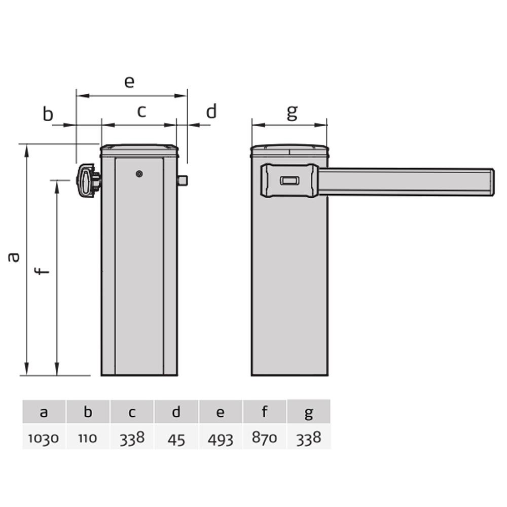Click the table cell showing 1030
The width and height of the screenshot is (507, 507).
pyautogui.click(x=44, y=437)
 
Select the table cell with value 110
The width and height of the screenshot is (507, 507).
pyautogui.click(x=88, y=437)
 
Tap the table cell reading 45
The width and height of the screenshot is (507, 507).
pyautogui.click(x=176, y=437)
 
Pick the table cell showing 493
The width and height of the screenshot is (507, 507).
pyautogui.click(x=221, y=437)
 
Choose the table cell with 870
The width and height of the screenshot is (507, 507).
pyautogui.click(x=265, y=437)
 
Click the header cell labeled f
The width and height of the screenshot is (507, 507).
pyautogui.click(x=265, y=411)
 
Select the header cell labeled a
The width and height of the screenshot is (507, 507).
pyautogui.click(x=44, y=411)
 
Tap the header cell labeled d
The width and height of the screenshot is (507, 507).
pyautogui.click(x=176, y=411)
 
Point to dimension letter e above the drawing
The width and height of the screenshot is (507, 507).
pyautogui.click(x=129, y=82)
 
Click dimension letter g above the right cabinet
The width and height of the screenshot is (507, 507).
pyautogui.click(x=293, y=113)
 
